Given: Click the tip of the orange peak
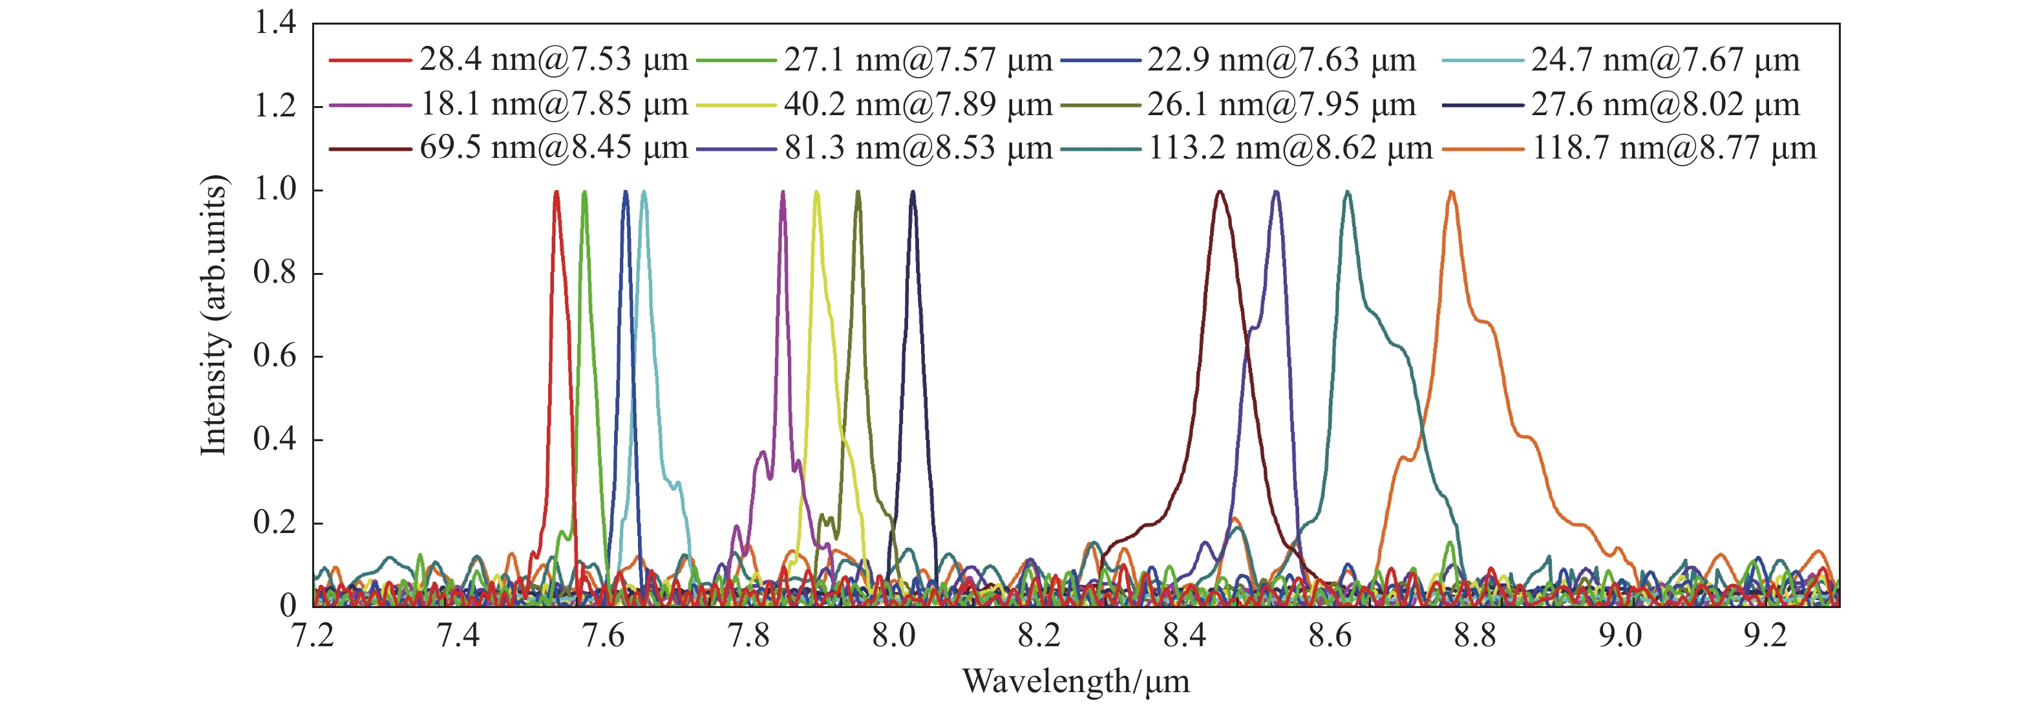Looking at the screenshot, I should point(1451,192).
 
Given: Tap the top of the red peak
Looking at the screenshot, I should point(557,192).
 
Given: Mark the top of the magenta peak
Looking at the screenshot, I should point(783,192).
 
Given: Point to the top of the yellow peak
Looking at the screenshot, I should point(816,192).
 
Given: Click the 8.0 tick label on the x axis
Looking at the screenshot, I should point(894,636).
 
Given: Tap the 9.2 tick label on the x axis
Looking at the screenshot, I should point(1765,636).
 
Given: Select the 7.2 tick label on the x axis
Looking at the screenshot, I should point(313,636).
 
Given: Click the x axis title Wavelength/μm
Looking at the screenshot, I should point(1075,682).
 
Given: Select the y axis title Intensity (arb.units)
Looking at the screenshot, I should point(213,315).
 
